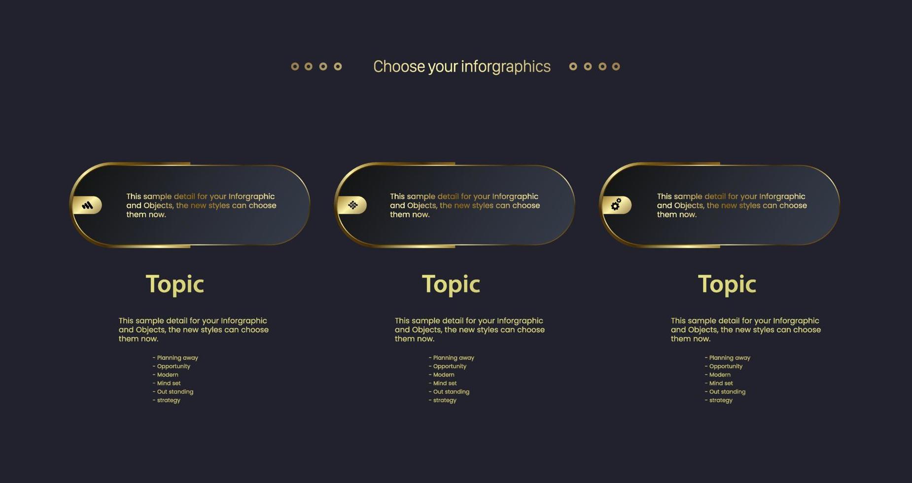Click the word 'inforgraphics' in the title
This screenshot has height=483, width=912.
click(x=506, y=67)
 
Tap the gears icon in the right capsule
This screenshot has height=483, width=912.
click(x=616, y=205)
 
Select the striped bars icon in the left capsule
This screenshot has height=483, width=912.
click(x=87, y=205)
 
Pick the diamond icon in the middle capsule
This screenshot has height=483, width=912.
click(x=352, y=205)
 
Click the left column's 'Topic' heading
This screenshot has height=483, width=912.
click(x=175, y=284)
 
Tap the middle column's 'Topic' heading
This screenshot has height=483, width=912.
click(x=451, y=284)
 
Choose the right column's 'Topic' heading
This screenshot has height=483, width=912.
click(x=727, y=284)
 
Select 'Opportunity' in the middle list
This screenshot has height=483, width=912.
click(x=450, y=366)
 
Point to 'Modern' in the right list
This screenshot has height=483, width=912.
click(x=720, y=375)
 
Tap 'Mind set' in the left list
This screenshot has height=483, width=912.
click(x=169, y=383)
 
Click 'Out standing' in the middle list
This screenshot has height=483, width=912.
click(x=451, y=392)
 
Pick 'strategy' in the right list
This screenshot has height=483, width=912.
click(x=721, y=400)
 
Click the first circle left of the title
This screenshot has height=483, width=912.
click(x=295, y=67)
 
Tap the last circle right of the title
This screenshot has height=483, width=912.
click(x=616, y=67)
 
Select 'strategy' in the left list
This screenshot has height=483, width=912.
click(x=169, y=400)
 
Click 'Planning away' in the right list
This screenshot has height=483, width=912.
click(x=730, y=358)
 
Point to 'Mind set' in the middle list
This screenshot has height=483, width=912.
click(x=445, y=383)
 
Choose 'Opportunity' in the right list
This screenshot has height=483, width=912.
click(x=726, y=366)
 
